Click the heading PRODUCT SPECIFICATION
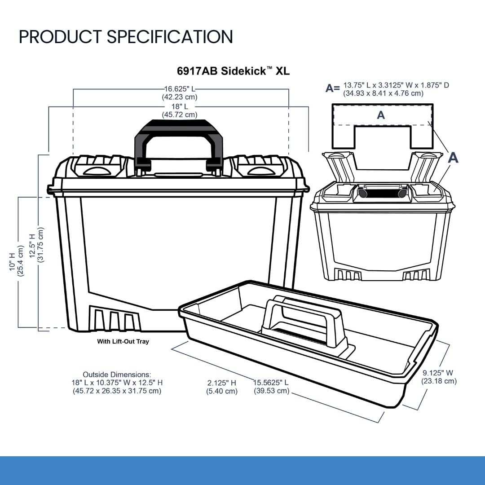[126, 37]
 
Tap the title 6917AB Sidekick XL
[233, 71]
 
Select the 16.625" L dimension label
[180, 89]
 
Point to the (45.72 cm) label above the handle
[180, 115]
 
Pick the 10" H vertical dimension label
[12, 262]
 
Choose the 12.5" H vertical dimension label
[32, 246]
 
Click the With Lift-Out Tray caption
[123, 341]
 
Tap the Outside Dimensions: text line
[117, 375]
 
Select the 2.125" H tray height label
[222, 383]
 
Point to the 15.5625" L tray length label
[271, 383]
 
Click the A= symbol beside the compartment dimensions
[333, 88]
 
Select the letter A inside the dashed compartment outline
[381, 115]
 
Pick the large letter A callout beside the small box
[453, 158]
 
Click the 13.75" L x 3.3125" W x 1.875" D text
[396, 85]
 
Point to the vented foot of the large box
[114, 318]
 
